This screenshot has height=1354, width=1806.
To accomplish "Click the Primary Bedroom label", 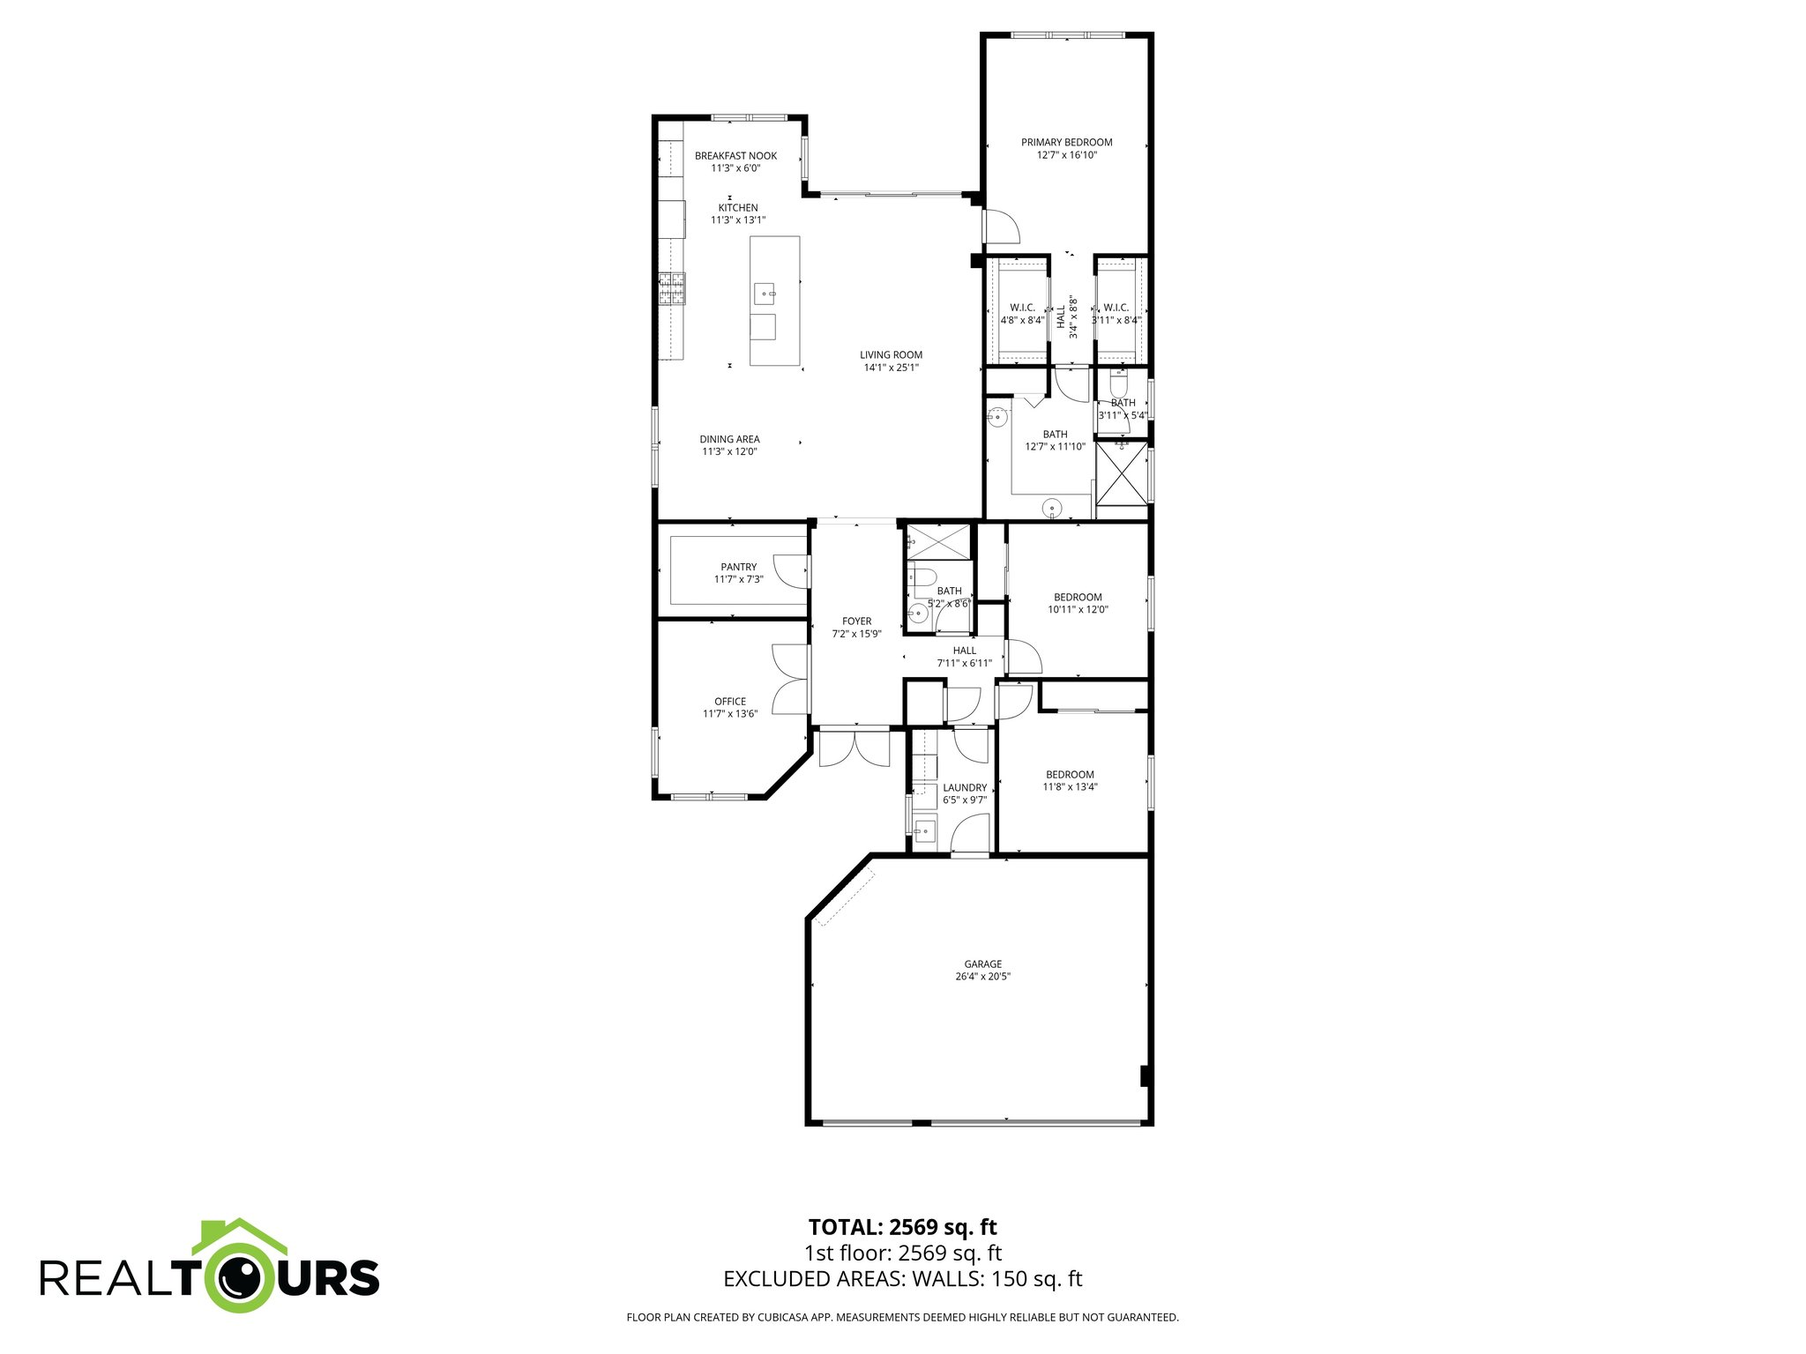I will pos(1066,142).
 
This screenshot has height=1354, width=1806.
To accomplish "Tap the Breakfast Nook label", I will pos(735,156).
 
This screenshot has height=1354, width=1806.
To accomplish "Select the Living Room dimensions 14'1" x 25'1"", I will pos(891,368).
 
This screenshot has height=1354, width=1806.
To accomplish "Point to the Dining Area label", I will pos(729,439).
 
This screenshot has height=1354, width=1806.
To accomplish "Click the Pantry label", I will pos(738,567).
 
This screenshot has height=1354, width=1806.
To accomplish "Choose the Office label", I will pos(730,702).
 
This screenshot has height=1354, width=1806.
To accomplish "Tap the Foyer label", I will pos(856,621).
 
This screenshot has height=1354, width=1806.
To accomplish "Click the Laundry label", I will pos(965,788).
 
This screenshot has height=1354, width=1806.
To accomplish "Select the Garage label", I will pos(982,964).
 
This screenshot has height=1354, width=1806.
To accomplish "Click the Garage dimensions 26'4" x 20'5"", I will pos(982,977).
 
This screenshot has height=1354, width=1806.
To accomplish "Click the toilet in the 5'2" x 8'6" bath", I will pos(922,578).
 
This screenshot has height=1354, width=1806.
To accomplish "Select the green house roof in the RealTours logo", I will pos(240,1235).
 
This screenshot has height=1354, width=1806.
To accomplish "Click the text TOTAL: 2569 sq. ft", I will pos(902,1227).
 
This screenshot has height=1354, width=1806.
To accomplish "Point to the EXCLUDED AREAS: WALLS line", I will pos(902,1279).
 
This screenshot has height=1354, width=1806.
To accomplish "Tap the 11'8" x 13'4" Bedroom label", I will pos(1070,775).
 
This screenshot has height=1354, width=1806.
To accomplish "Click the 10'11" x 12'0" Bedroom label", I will pos(1078,597).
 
